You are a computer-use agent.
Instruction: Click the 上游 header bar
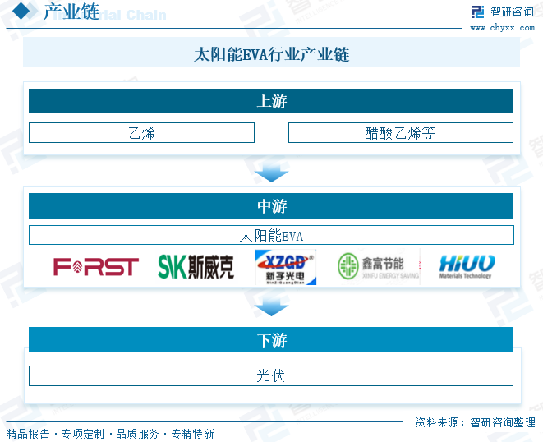(271, 101)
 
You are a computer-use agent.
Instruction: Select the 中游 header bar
(271, 205)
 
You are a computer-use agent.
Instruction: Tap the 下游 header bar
(271, 339)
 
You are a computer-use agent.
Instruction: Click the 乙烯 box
(141, 132)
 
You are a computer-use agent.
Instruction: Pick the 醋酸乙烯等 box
(400, 132)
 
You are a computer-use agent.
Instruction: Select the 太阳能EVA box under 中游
(271, 235)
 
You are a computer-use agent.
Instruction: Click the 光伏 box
(271, 375)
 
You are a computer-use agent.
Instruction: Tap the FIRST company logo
(96, 266)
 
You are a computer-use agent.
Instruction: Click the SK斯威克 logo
(196, 266)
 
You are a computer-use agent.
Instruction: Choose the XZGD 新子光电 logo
(285, 267)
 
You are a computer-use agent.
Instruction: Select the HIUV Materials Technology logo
(466, 266)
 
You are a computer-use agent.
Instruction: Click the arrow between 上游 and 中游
(271, 173)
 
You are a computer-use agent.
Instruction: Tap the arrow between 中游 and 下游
(271, 307)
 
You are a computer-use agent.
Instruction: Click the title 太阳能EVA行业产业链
(271, 55)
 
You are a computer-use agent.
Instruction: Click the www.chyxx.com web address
(502, 28)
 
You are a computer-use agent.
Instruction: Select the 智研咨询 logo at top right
(502, 12)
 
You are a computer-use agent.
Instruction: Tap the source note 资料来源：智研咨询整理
(475, 422)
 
